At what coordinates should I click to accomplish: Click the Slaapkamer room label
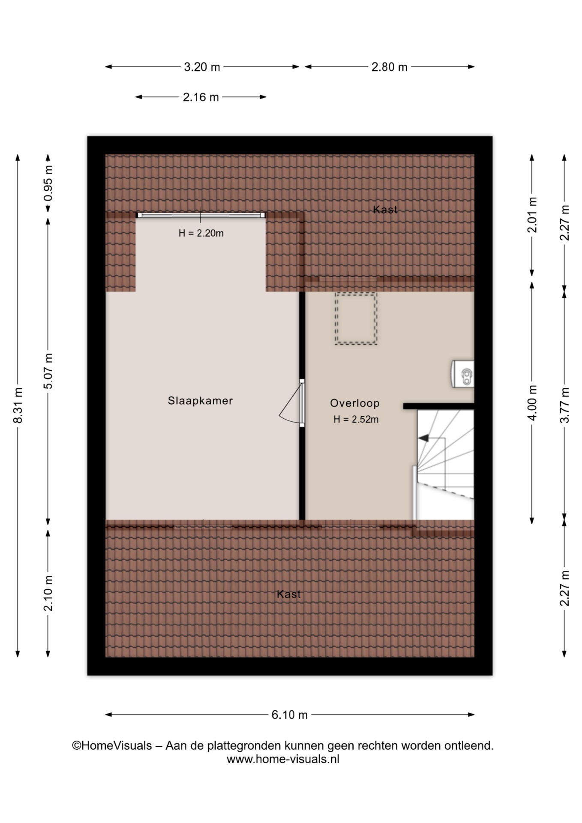(200, 401)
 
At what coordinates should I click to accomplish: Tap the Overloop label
(355, 403)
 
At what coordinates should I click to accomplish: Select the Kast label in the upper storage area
(385, 210)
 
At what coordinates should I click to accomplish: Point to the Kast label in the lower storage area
(289, 594)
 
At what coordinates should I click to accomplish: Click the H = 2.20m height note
(201, 233)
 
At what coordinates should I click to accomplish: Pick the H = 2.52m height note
(356, 420)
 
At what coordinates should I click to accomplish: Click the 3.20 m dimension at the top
(202, 67)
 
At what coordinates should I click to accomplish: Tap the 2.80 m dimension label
(389, 67)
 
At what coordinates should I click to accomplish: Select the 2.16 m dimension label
(201, 97)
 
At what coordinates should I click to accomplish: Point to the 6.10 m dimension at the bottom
(290, 715)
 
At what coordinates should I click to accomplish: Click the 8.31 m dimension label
(18, 405)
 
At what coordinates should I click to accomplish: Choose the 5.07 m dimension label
(48, 371)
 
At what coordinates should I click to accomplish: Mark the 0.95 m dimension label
(48, 183)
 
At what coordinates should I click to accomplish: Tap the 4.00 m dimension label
(532, 403)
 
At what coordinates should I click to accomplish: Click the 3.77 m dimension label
(565, 405)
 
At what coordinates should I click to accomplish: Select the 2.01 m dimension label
(532, 215)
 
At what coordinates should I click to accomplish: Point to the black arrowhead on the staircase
(423, 438)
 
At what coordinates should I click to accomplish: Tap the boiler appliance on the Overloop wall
(463, 374)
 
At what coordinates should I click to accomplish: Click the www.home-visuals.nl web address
(283, 759)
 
